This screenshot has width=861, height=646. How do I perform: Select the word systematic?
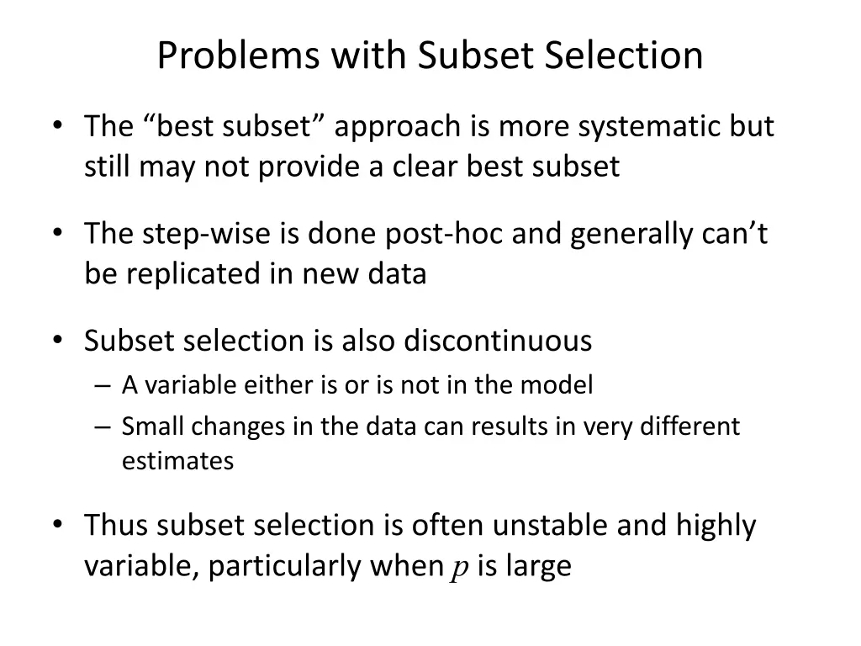coord(639,126)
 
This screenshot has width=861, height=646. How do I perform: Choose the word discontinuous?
coord(498,341)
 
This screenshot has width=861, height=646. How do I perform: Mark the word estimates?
coord(177,461)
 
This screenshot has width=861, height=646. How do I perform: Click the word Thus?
coord(116,525)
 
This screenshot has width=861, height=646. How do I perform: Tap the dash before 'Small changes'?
coord(103,426)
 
